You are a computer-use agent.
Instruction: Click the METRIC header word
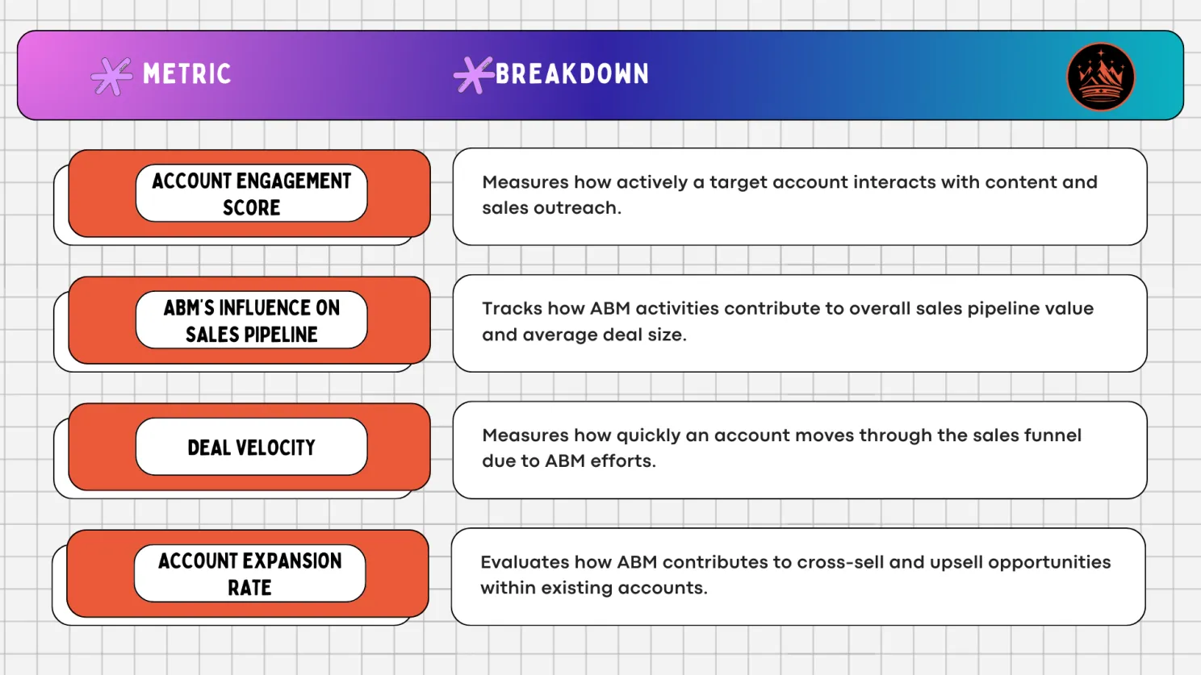pos(186,74)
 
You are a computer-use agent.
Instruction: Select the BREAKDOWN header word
pos(571,74)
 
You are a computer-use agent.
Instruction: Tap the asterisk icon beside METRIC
pos(111,77)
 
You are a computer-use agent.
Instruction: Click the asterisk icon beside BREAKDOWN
pos(473,75)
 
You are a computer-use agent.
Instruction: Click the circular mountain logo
pos(1100,77)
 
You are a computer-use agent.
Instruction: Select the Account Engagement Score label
pos(251,194)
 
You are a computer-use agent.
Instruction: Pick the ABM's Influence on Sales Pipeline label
pos(251,320)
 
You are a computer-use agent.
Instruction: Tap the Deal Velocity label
pos(251,447)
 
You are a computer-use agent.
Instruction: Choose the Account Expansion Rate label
pos(249,573)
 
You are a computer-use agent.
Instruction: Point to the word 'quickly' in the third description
pos(648,436)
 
